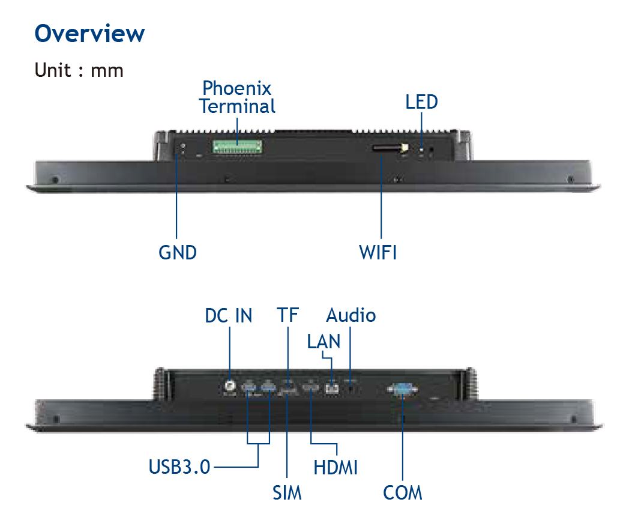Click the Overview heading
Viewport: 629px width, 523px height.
[89, 33]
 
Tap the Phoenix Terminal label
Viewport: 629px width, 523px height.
[237, 97]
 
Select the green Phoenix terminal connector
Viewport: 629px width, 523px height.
[237, 147]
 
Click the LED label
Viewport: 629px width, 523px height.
[421, 102]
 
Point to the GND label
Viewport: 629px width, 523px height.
[177, 252]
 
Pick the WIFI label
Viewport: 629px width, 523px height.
[378, 252]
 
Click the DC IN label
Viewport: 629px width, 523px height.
[228, 315]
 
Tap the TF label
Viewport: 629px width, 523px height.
[287, 315]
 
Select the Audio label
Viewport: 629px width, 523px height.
[351, 315]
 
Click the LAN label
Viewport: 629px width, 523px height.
[324, 342]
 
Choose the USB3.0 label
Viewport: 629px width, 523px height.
[179, 467]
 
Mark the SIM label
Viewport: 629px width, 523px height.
[287, 492]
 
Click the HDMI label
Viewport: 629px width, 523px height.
[336, 468]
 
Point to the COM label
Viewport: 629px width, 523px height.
[402, 492]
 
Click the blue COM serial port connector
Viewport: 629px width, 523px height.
[402, 389]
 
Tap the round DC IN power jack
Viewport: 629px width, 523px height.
[229, 386]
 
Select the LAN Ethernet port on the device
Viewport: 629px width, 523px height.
[332, 388]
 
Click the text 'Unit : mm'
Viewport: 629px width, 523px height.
[79, 70]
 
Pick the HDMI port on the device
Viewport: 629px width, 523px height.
[310, 388]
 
